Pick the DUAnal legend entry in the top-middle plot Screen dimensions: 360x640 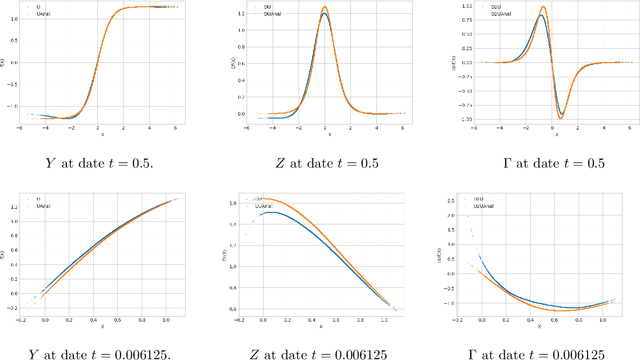tap(270, 15)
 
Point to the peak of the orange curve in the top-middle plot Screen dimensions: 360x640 tap(325, 8)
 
